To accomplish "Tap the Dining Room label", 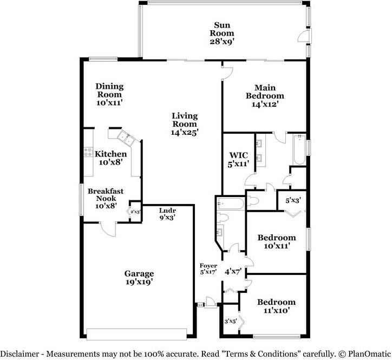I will (109, 94).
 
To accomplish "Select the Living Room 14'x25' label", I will (185, 123).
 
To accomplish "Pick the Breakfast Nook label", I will (106, 198).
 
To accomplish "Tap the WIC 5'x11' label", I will (238, 160).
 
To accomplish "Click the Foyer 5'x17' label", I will (208, 269).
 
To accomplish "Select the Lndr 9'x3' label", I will (167, 214).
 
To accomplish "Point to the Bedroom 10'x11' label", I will (276, 241).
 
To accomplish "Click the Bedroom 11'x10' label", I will (276, 306).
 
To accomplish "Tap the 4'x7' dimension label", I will (233, 271).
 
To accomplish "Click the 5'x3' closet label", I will (293, 200).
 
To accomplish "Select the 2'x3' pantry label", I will (135, 212).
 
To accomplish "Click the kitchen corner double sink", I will (127, 139).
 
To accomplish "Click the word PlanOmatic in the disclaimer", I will (367, 354).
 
